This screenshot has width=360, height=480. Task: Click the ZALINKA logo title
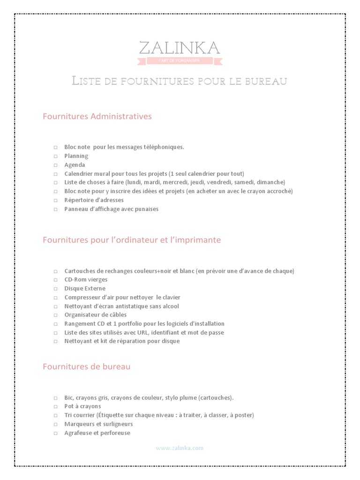179,48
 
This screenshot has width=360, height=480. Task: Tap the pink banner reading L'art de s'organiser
179,61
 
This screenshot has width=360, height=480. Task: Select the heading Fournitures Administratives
97,116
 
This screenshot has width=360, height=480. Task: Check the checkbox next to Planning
55,156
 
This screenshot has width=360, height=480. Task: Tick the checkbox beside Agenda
55,165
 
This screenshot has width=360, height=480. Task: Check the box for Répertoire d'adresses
55,200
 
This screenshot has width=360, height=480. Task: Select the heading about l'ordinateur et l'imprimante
132,240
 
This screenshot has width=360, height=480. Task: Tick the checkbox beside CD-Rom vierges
55,280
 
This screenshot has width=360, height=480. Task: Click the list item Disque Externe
85,289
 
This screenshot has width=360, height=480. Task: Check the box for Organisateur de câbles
55,315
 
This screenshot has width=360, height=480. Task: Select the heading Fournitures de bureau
86,367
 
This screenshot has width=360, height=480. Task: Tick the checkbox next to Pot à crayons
55,406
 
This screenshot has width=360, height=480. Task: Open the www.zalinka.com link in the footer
180,448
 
